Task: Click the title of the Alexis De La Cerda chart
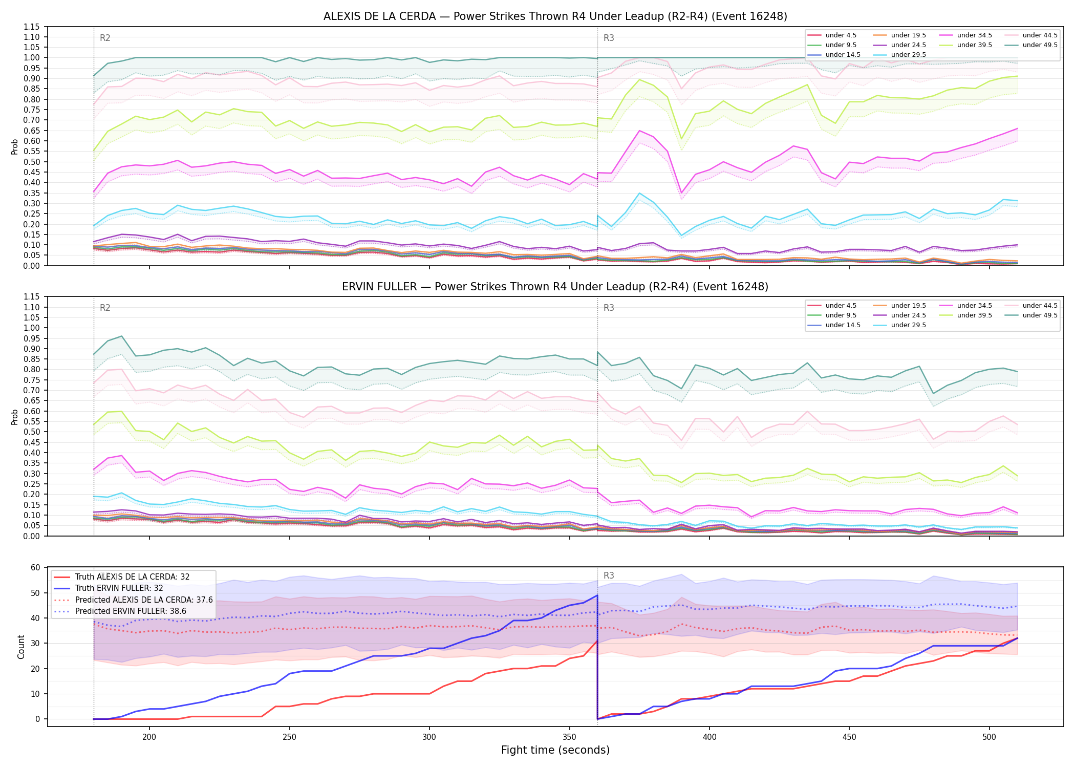click(555, 16)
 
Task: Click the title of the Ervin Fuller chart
click(555, 287)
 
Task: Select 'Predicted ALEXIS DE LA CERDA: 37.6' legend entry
click(133, 600)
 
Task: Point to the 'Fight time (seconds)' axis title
click(555, 750)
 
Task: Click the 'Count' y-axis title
click(21, 647)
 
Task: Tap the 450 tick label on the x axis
click(849, 737)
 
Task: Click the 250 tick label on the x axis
click(290, 737)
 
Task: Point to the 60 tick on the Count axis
click(35, 567)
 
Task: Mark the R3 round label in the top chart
click(609, 38)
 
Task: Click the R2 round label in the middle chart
click(105, 308)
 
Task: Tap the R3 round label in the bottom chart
click(609, 575)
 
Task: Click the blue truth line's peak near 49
click(597, 595)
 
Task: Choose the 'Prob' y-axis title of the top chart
click(15, 146)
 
